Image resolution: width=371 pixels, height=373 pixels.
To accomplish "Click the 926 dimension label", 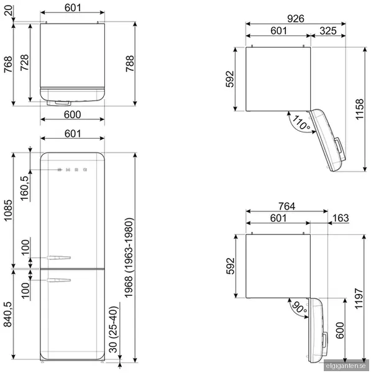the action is (296, 19).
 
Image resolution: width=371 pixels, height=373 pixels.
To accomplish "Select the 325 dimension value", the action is (328, 30).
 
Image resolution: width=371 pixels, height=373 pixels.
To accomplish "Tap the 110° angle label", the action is (301, 122).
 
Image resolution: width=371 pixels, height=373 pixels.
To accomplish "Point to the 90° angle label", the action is (299, 308).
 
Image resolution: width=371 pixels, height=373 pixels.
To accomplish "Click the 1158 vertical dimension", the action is (360, 109).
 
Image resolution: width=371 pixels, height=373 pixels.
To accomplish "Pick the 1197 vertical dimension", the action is (359, 298).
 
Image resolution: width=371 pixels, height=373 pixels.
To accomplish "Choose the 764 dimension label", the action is (287, 206).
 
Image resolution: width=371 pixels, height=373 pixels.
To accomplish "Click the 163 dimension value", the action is (341, 218).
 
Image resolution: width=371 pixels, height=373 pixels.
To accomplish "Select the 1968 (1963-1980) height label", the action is (129, 257).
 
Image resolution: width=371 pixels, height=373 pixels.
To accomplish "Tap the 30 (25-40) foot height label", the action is (114, 329).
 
